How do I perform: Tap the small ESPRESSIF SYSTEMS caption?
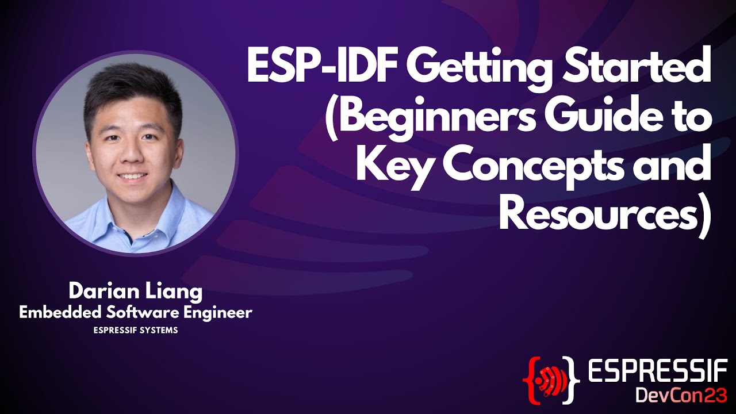(x=135, y=331)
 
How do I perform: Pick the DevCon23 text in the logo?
(x=681, y=396)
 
